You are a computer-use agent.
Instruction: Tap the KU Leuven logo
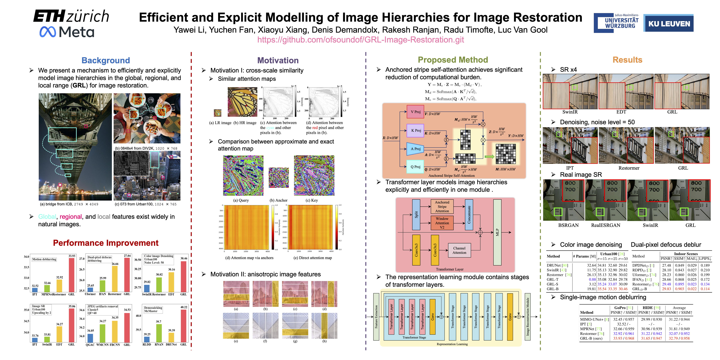(669, 23)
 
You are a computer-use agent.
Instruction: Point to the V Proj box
(415, 112)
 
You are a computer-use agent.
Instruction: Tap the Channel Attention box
(459, 250)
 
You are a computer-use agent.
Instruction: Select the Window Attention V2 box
(442, 223)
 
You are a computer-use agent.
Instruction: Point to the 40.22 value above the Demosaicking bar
(184, 307)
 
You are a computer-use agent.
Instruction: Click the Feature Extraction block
(376, 317)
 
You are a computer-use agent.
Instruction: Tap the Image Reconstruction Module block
(527, 317)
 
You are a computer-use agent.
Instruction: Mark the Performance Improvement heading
(106, 243)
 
